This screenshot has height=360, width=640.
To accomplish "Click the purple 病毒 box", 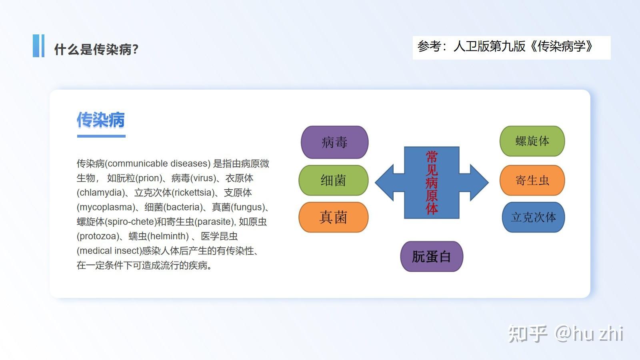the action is [334, 142].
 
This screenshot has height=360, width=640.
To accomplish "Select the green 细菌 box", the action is [334, 180].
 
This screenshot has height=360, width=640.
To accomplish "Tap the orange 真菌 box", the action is [334, 217].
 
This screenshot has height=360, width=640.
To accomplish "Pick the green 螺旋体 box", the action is [532, 141].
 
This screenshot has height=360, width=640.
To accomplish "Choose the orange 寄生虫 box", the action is [532, 180].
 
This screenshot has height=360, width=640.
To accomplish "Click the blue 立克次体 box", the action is [534, 217].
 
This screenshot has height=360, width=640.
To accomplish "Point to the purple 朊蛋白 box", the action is [432, 256].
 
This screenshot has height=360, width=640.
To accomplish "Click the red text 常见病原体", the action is [432, 182].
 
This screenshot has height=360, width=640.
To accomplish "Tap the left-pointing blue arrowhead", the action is [384, 182].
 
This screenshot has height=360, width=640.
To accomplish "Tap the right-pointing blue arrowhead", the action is [479, 182].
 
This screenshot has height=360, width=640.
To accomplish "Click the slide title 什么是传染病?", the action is [96, 49].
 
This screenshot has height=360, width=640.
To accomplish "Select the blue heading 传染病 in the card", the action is [100, 120].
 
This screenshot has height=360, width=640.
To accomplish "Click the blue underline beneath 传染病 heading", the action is [101, 136].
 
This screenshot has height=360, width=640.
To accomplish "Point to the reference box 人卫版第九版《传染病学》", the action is [512, 48].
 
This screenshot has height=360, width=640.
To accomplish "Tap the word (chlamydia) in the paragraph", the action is [101, 193].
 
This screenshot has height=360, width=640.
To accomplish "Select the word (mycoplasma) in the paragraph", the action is [106, 208].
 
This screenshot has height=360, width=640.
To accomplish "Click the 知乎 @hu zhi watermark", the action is [566, 334].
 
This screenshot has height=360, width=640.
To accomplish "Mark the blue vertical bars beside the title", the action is [38, 46].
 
